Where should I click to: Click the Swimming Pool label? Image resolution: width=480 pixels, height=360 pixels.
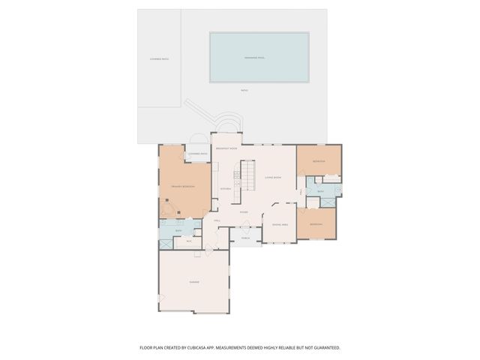(259, 58)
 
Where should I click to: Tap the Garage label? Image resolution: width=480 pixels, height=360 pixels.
(193, 282)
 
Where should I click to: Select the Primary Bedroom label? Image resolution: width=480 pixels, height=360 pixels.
(182, 186)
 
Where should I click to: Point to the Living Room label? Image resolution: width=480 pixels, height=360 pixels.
(273, 178)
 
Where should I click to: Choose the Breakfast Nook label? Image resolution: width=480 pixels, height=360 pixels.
(226, 148)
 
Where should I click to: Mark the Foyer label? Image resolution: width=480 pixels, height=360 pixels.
(244, 212)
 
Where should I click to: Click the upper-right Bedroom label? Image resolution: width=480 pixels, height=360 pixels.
(319, 161)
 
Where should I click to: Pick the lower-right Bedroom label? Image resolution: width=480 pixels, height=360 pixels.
(317, 224)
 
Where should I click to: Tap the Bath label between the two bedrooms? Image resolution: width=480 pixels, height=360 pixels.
(320, 192)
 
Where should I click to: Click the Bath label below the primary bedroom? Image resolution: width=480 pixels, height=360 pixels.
(178, 230)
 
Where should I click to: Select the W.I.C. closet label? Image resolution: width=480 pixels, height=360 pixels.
(189, 241)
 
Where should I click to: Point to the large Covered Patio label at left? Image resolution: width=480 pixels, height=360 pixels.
(159, 58)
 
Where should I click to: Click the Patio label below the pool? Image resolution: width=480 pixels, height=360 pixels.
(244, 91)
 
